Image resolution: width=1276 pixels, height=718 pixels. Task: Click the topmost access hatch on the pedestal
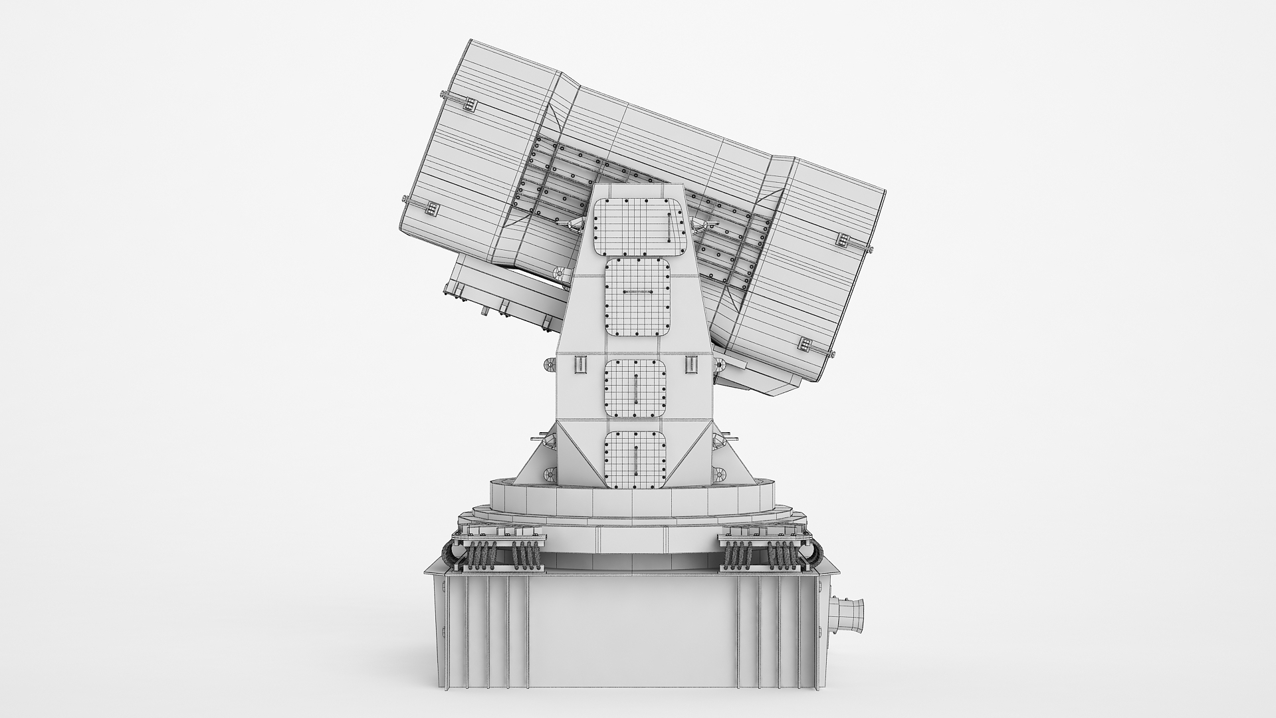pos(639,227)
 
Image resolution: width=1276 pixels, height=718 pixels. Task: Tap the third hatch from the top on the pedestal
pos(636,390)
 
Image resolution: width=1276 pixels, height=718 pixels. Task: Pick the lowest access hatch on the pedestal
pos(635,459)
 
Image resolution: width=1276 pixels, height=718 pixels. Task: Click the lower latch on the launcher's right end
pos(805,344)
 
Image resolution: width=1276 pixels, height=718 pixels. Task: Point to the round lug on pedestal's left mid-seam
pos(550,365)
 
